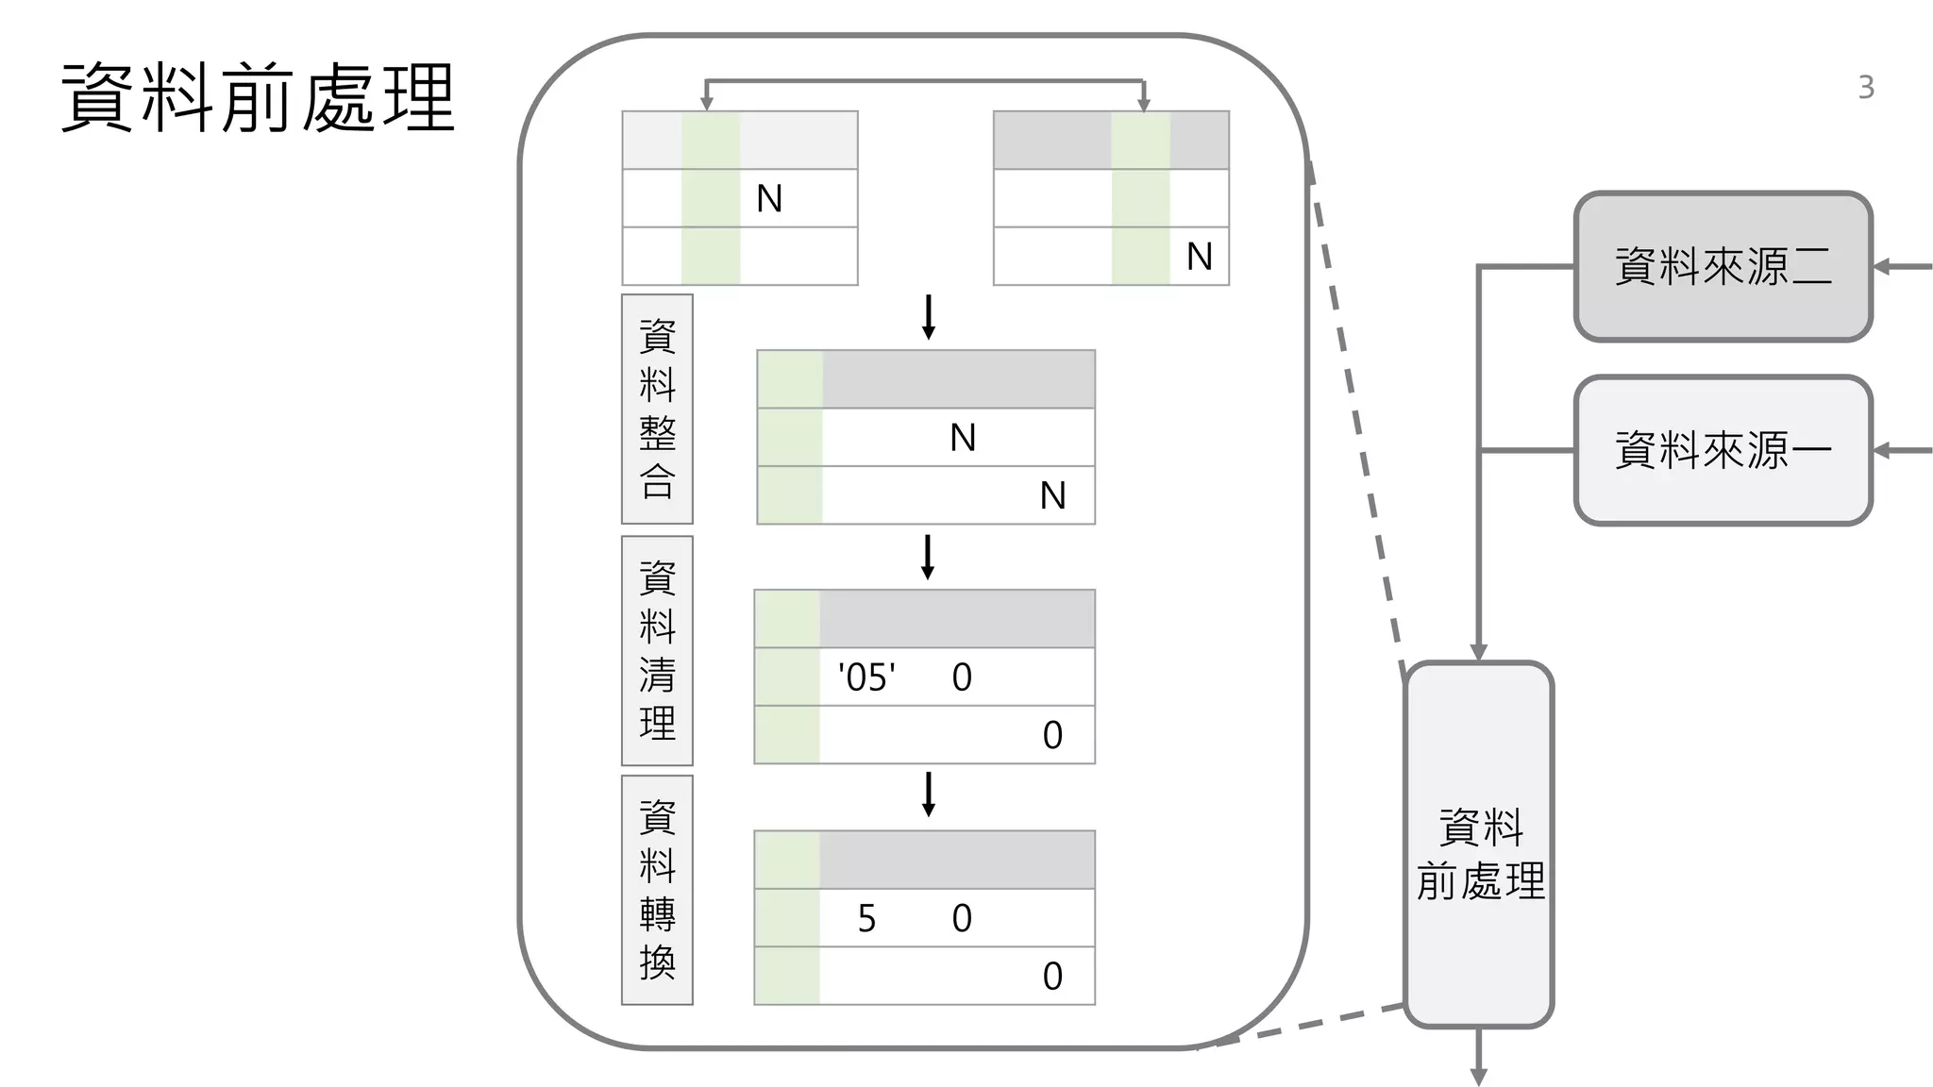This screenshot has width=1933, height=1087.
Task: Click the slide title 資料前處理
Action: pos(259,98)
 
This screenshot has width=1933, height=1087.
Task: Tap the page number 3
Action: pos(1865,88)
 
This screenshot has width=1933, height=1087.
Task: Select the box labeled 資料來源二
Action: pos(1723,267)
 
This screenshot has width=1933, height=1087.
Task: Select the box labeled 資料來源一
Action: pos(1723,450)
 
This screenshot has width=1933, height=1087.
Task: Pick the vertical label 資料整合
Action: pos(657,409)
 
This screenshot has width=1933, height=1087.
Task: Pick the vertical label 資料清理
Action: pos(657,650)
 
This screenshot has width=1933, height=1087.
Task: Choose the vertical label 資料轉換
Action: pos(657,890)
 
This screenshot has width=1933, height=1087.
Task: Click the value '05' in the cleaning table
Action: pos(866,677)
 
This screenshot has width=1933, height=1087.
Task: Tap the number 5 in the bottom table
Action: pos(866,918)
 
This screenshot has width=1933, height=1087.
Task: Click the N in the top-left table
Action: pos(769,199)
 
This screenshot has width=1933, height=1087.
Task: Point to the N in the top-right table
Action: pos(1199,257)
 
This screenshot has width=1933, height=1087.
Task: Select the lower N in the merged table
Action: pos(1052,495)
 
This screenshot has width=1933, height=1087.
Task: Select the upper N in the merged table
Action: pos(962,438)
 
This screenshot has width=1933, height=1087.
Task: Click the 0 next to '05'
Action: pos(961,677)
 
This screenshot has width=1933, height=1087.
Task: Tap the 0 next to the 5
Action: pos(961,918)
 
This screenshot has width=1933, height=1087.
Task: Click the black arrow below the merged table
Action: pos(928,557)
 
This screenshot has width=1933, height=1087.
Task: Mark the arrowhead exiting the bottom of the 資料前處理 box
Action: pos(1479,1077)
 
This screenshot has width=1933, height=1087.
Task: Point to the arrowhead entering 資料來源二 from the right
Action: pos(1881,267)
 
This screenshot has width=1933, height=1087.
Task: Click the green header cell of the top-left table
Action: pos(710,141)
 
